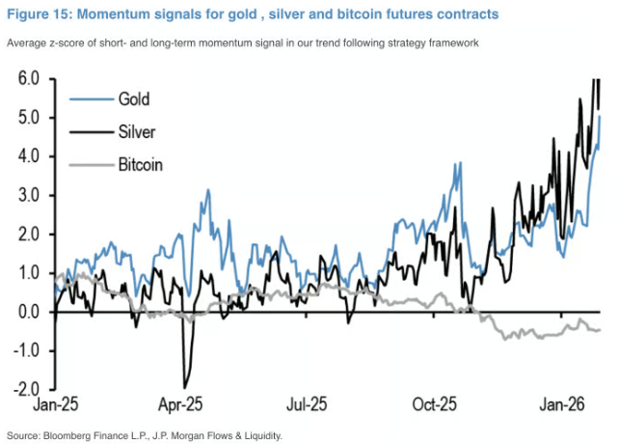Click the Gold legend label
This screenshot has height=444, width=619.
[x=134, y=98]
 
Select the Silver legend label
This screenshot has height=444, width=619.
[x=136, y=131]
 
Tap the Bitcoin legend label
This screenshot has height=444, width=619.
[x=140, y=164]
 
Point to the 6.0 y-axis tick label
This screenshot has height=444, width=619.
[x=28, y=79]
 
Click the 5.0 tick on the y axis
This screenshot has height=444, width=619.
[x=28, y=118]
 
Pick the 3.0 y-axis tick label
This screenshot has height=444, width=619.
[x=28, y=196]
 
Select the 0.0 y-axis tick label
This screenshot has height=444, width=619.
[x=28, y=312]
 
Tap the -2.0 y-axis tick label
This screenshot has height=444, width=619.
[x=25, y=390]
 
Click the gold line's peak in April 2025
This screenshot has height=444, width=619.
[x=207, y=190]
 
